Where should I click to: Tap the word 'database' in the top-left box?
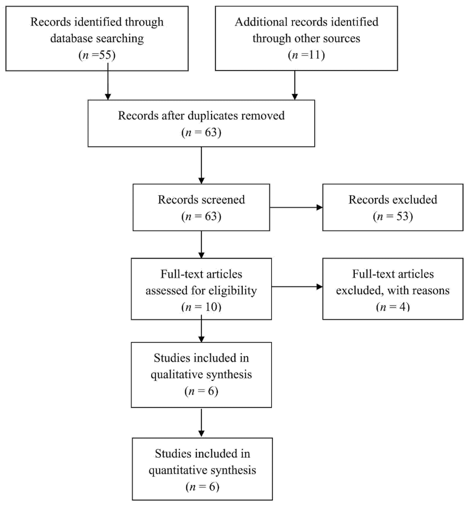coord(71,39)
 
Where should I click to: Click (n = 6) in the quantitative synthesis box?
coord(202,487)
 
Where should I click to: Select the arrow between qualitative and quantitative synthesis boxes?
coord(201,423)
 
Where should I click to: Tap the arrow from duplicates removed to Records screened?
coord(201,166)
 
